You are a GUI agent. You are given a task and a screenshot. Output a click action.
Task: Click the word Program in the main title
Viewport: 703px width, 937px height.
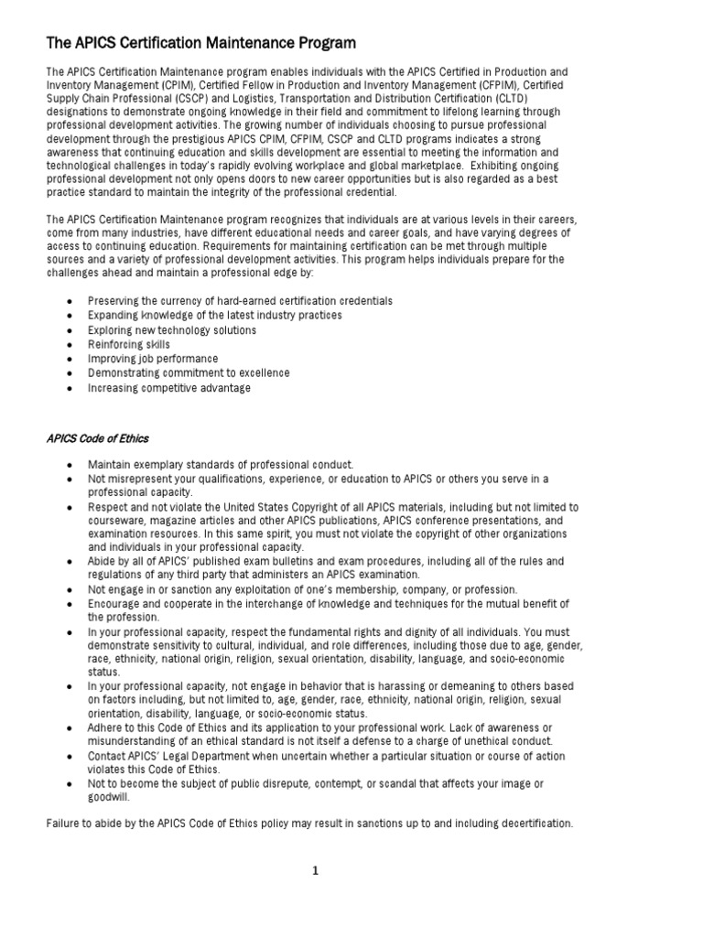tap(322, 43)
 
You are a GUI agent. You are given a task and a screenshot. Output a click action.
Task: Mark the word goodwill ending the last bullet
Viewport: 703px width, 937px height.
tap(109, 797)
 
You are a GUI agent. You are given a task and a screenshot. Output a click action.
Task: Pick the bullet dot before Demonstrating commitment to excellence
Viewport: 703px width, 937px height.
tap(70, 373)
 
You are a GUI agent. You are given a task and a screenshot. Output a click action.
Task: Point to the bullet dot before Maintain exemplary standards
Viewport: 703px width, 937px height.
tap(70, 466)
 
